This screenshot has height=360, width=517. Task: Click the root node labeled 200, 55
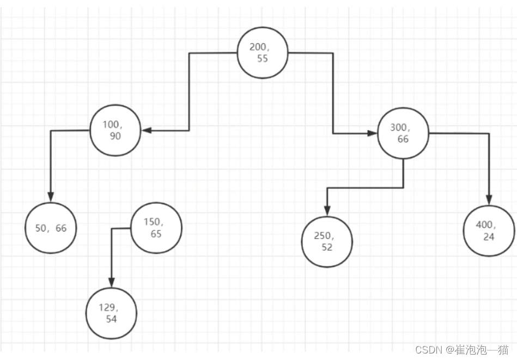[x=263, y=53]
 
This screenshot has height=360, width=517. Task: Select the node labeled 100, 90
[x=115, y=130]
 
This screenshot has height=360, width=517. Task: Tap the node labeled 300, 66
[x=403, y=133]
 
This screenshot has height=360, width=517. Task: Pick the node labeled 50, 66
[x=51, y=228]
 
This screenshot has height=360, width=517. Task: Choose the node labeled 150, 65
[x=156, y=228]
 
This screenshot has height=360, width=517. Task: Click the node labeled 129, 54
[x=111, y=313]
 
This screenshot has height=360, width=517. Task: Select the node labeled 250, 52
[x=327, y=242]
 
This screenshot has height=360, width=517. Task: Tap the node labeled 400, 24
[x=489, y=231]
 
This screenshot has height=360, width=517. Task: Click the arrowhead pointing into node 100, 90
[x=146, y=130]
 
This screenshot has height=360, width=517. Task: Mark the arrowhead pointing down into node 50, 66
[x=51, y=197]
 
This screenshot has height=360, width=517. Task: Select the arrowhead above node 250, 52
[x=327, y=211]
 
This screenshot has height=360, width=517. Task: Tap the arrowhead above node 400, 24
[x=489, y=199]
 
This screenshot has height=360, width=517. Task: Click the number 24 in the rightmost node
[x=489, y=237]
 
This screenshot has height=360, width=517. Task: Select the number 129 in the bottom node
[x=107, y=308]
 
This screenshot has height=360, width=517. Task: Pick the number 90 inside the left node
[x=115, y=136]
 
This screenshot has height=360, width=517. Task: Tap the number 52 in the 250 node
[x=327, y=247]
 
